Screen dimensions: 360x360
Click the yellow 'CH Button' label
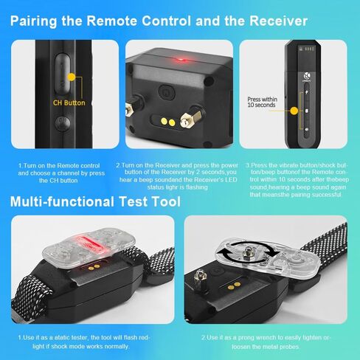coord(69,103)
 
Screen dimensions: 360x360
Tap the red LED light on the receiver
coord(181,60)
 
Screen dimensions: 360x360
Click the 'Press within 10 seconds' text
coord(262,102)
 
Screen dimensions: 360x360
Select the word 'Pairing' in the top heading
coord(34,21)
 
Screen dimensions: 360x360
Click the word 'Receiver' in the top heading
coord(278,21)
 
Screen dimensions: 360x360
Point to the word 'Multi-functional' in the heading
coord(62,201)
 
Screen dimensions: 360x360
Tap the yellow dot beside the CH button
coord(72,77)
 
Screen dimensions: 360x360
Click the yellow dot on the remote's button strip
coord(294,111)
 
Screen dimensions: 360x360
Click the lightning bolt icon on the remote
coord(307,92)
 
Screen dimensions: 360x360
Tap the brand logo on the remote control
coord(307,76)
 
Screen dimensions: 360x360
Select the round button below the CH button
coord(63,123)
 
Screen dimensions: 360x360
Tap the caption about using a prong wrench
coord(266,342)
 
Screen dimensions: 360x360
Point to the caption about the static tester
coord(83,342)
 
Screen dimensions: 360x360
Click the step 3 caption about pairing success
coord(297,180)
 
